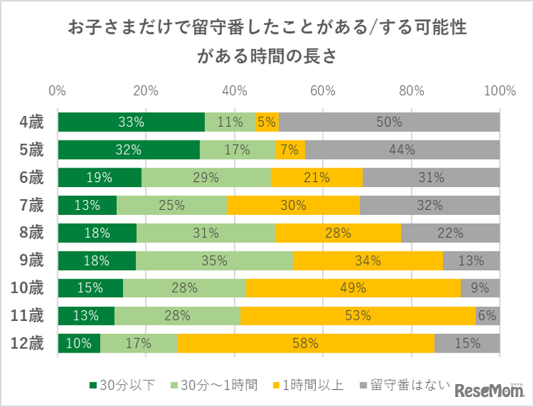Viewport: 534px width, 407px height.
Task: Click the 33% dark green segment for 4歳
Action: (131, 122)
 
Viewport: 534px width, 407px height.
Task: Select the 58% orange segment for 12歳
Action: (306, 343)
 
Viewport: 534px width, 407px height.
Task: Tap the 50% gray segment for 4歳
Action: (389, 122)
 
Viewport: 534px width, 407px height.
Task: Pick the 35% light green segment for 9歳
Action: (214, 260)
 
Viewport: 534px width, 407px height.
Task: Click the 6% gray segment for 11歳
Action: (487, 315)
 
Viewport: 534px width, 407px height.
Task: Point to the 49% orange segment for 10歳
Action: (353, 288)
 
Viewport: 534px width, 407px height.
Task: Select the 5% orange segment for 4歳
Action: (266, 122)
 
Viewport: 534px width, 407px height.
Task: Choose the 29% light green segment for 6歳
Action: (206, 177)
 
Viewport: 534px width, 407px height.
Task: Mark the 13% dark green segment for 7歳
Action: (87, 205)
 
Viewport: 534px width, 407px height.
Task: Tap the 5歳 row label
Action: (31, 150)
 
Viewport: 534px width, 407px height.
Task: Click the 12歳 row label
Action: (28, 343)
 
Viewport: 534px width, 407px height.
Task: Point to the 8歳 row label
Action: (31, 233)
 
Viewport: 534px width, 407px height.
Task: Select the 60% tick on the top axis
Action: (323, 91)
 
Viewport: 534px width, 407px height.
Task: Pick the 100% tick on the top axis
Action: (499, 91)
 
